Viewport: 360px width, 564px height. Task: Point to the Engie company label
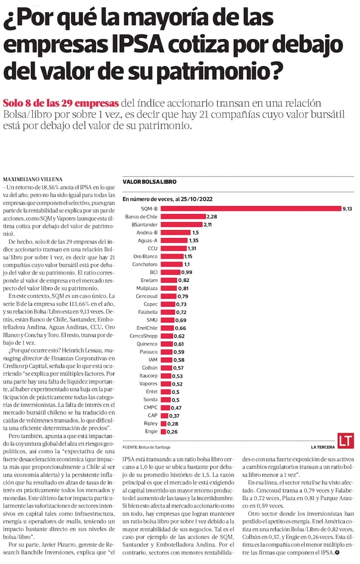(x=151, y=431)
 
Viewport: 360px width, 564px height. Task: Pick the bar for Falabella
(x=167, y=312)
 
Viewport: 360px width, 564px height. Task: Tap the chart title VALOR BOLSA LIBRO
(x=150, y=182)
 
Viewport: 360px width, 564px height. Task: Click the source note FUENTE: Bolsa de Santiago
(x=149, y=447)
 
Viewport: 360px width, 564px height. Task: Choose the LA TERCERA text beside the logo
(x=321, y=447)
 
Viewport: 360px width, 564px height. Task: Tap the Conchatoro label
(x=145, y=264)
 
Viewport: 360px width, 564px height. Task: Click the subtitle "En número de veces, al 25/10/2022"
(x=168, y=199)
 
